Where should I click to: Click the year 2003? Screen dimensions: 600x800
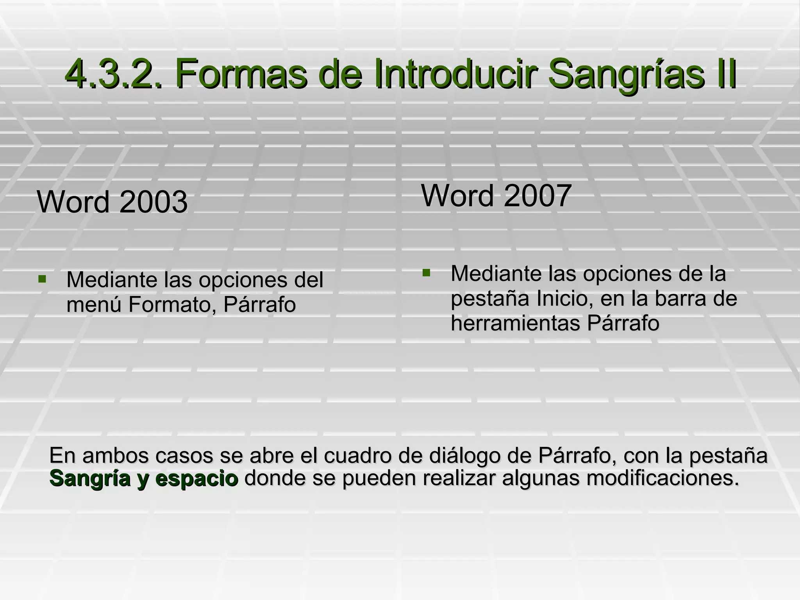154,202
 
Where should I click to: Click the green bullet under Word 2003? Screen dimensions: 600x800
42,279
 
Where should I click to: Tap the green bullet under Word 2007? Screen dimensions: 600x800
426,272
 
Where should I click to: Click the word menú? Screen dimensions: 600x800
94,304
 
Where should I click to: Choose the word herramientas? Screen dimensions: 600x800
516,323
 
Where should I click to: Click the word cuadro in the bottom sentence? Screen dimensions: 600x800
355,455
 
